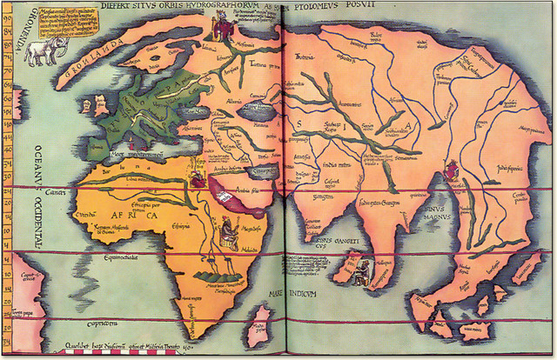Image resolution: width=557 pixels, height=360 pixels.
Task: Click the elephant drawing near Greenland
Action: (x=42, y=51)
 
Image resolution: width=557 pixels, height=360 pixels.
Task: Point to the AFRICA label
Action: (x=125, y=214)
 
